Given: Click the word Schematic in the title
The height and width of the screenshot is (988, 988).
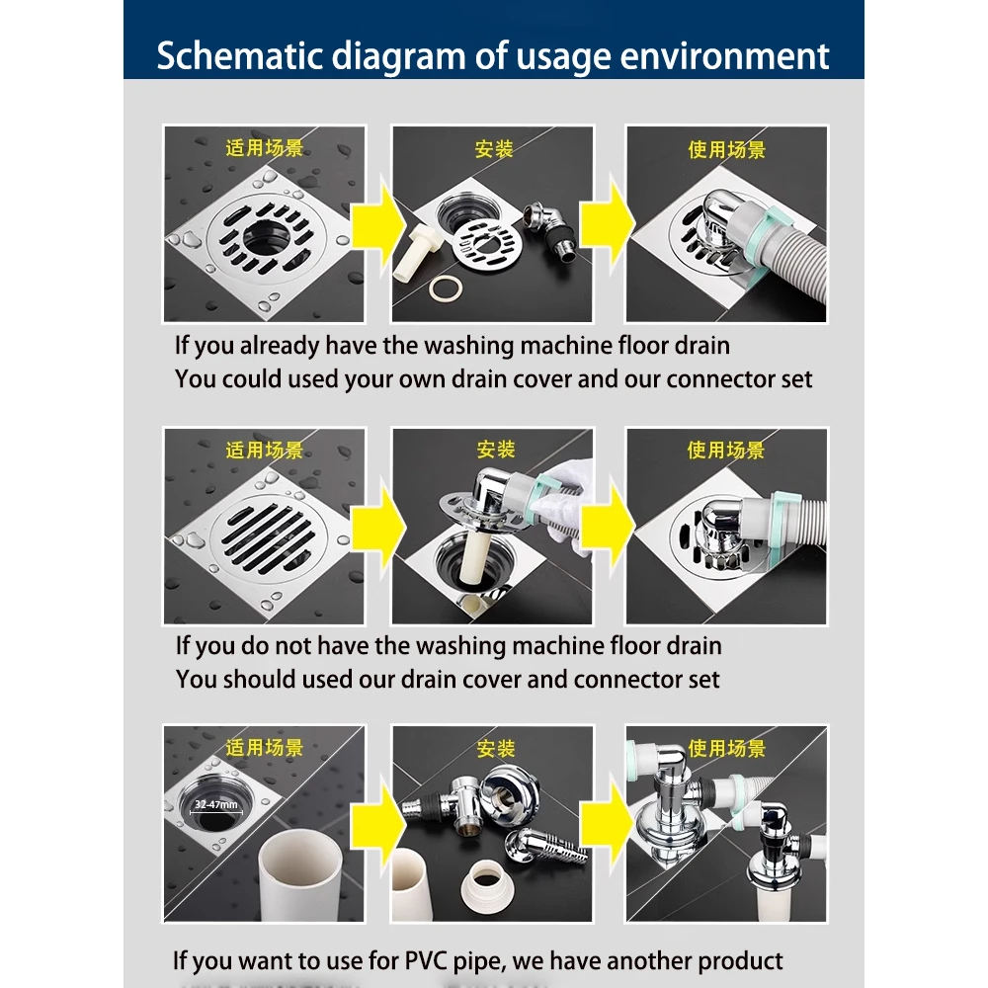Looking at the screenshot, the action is (239, 56).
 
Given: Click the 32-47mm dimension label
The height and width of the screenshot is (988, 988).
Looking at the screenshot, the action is (216, 804).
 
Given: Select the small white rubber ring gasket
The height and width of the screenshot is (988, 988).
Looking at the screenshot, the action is (446, 288).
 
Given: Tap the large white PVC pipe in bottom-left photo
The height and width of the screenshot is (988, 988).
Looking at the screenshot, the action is (301, 875).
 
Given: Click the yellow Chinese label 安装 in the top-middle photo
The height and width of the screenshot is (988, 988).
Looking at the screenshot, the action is (494, 149).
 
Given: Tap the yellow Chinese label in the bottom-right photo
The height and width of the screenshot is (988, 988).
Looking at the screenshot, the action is (726, 749).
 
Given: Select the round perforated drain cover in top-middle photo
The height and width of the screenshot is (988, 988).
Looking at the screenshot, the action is (487, 242).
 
